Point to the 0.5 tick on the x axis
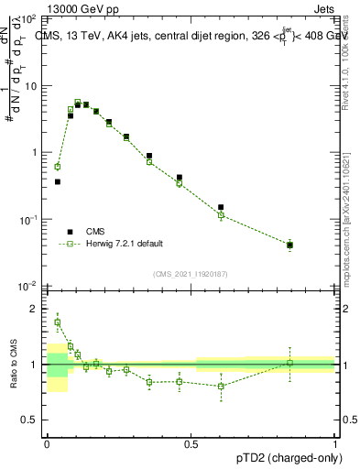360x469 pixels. click(x=191, y=441)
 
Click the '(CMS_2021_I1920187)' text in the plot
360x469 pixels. click(x=191, y=274)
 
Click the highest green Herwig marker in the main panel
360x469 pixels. click(x=78, y=102)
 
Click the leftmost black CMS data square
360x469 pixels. click(x=58, y=181)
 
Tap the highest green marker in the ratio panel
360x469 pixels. click(x=58, y=322)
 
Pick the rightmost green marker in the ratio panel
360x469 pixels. click(x=290, y=363)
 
